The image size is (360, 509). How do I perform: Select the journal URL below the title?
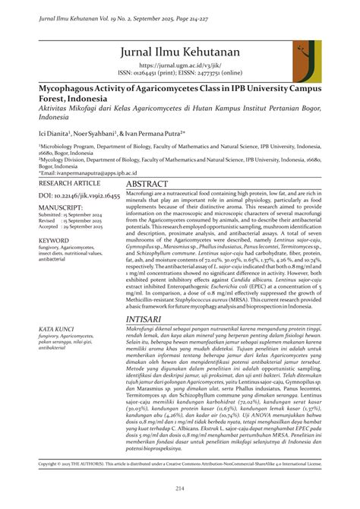180,67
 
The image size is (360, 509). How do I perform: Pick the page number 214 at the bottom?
180,487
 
